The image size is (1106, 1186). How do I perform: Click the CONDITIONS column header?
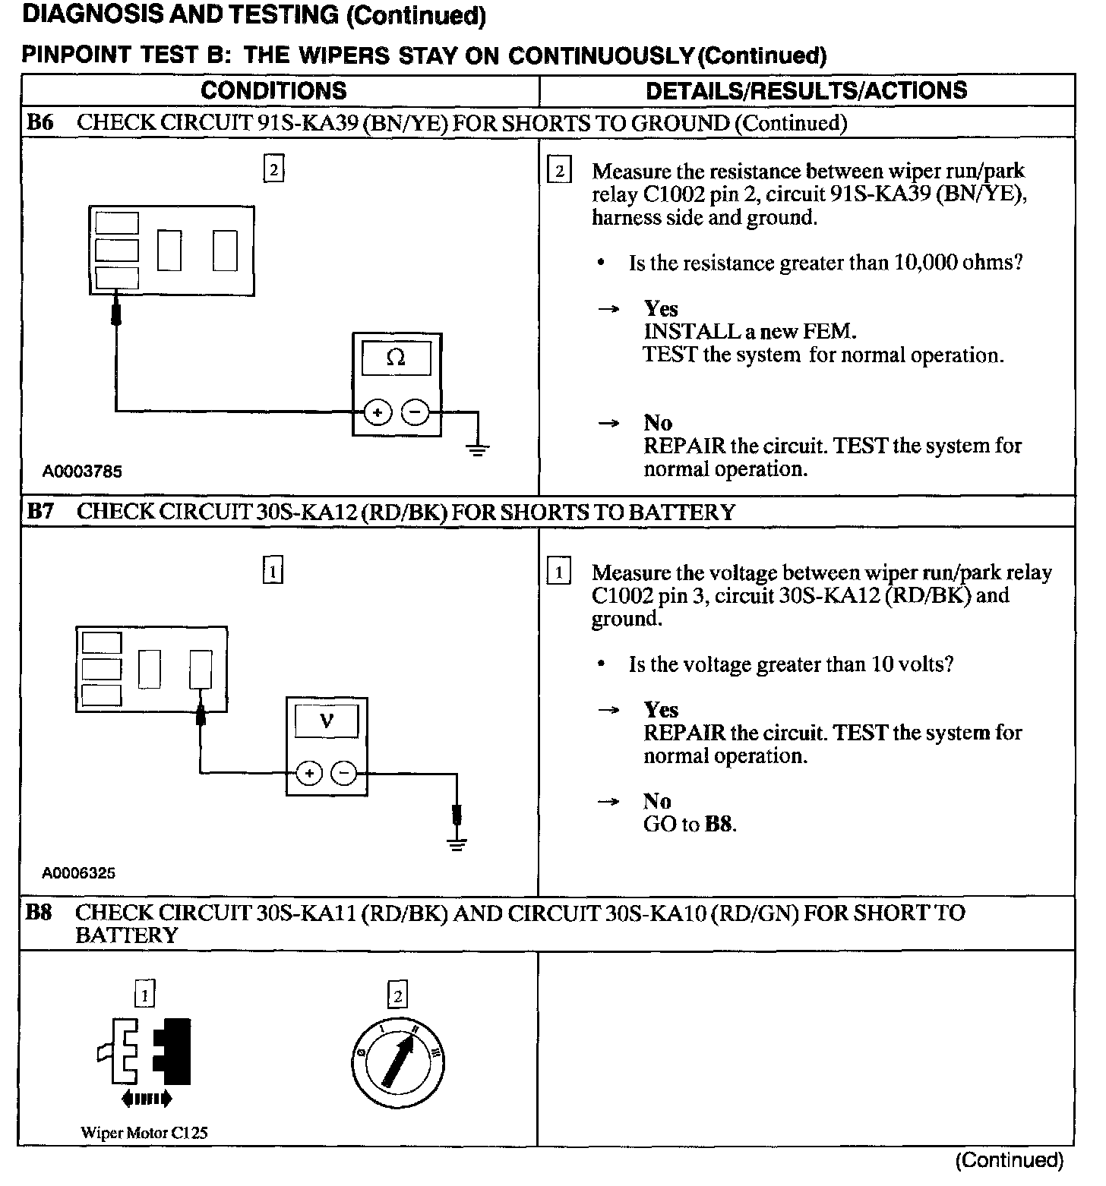(273, 90)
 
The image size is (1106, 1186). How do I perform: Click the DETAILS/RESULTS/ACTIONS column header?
(806, 90)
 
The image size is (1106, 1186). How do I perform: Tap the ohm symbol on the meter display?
(396, 358)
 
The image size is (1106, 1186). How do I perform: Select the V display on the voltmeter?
(326, 720)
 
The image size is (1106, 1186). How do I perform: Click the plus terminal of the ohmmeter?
(378, 413)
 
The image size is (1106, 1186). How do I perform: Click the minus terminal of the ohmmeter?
(415, 413)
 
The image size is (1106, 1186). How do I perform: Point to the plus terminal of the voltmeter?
(308, 774)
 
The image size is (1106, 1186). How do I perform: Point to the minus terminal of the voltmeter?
(343, 774)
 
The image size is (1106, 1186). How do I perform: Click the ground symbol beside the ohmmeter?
(477, 449)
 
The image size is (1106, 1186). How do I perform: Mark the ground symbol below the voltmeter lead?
(456, 844)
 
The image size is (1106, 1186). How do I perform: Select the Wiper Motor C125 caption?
(144, 1133)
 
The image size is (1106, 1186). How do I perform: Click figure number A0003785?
(82, 472)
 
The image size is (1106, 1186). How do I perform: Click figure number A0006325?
(79, 873)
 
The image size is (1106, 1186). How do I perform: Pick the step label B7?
(39, 512)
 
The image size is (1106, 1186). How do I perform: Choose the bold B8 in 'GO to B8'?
(719, 824)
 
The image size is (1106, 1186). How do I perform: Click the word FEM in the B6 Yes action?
(834, 332)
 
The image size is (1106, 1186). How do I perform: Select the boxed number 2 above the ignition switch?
(397, 995)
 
